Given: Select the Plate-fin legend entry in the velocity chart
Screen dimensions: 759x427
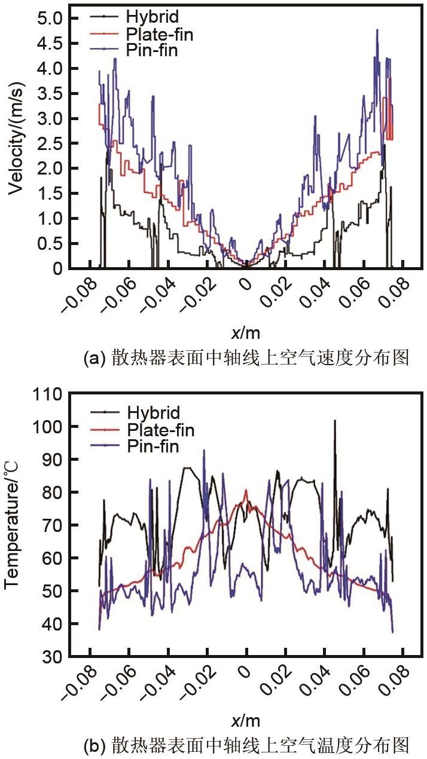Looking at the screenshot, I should coord(159,34).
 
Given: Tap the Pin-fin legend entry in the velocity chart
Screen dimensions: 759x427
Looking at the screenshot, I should coord(152,50).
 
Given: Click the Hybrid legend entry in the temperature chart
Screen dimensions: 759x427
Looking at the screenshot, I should coord(153,412).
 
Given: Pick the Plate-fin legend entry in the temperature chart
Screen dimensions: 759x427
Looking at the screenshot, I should coord(160,429).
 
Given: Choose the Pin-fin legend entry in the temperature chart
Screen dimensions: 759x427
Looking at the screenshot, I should coord(152,446).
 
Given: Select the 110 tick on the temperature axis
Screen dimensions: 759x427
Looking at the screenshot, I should coord(47,394).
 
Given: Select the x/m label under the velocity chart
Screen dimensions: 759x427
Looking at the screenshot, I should coord(245,332).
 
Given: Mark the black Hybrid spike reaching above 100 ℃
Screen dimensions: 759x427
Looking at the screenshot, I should coord(334,421).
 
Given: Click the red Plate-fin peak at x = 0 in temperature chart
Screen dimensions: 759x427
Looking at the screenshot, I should coord(246,491).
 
